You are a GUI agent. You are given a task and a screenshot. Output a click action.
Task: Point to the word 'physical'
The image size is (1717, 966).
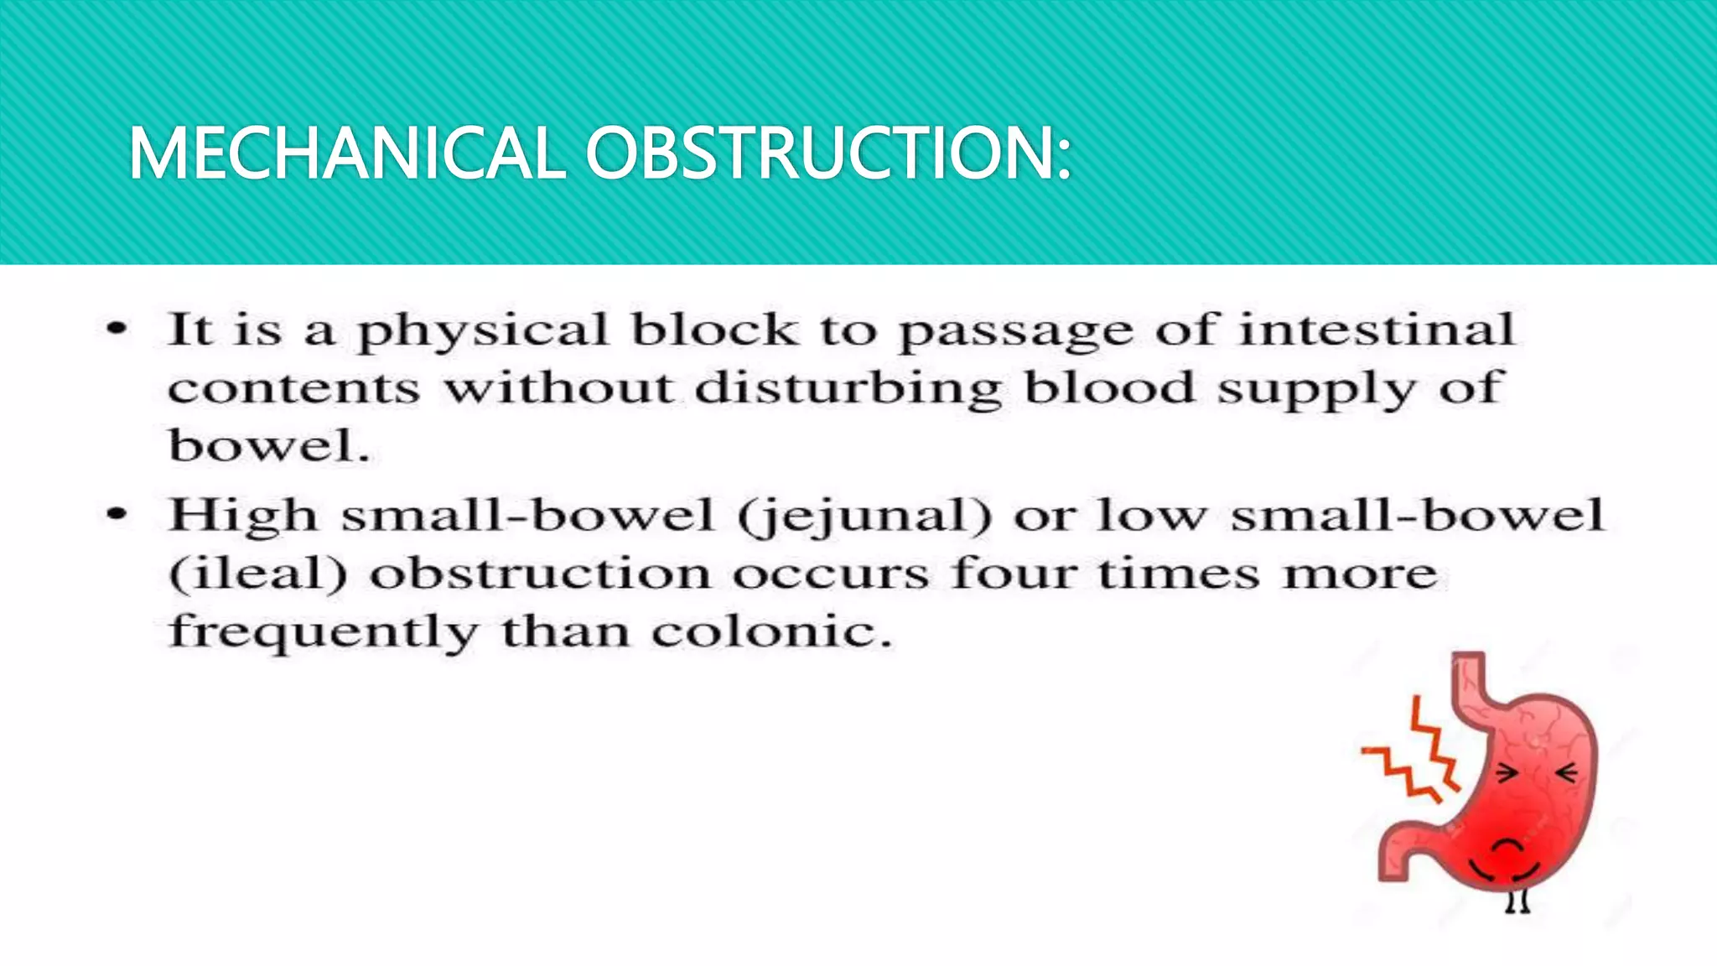coord(483,331)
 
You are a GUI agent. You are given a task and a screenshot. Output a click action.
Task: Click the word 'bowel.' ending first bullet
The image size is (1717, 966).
coord(269,445)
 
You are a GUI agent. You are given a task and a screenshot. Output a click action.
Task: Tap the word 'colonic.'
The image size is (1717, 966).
coord(770,632)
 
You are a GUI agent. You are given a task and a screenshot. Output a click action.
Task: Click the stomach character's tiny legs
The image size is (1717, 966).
coord(1517,901)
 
